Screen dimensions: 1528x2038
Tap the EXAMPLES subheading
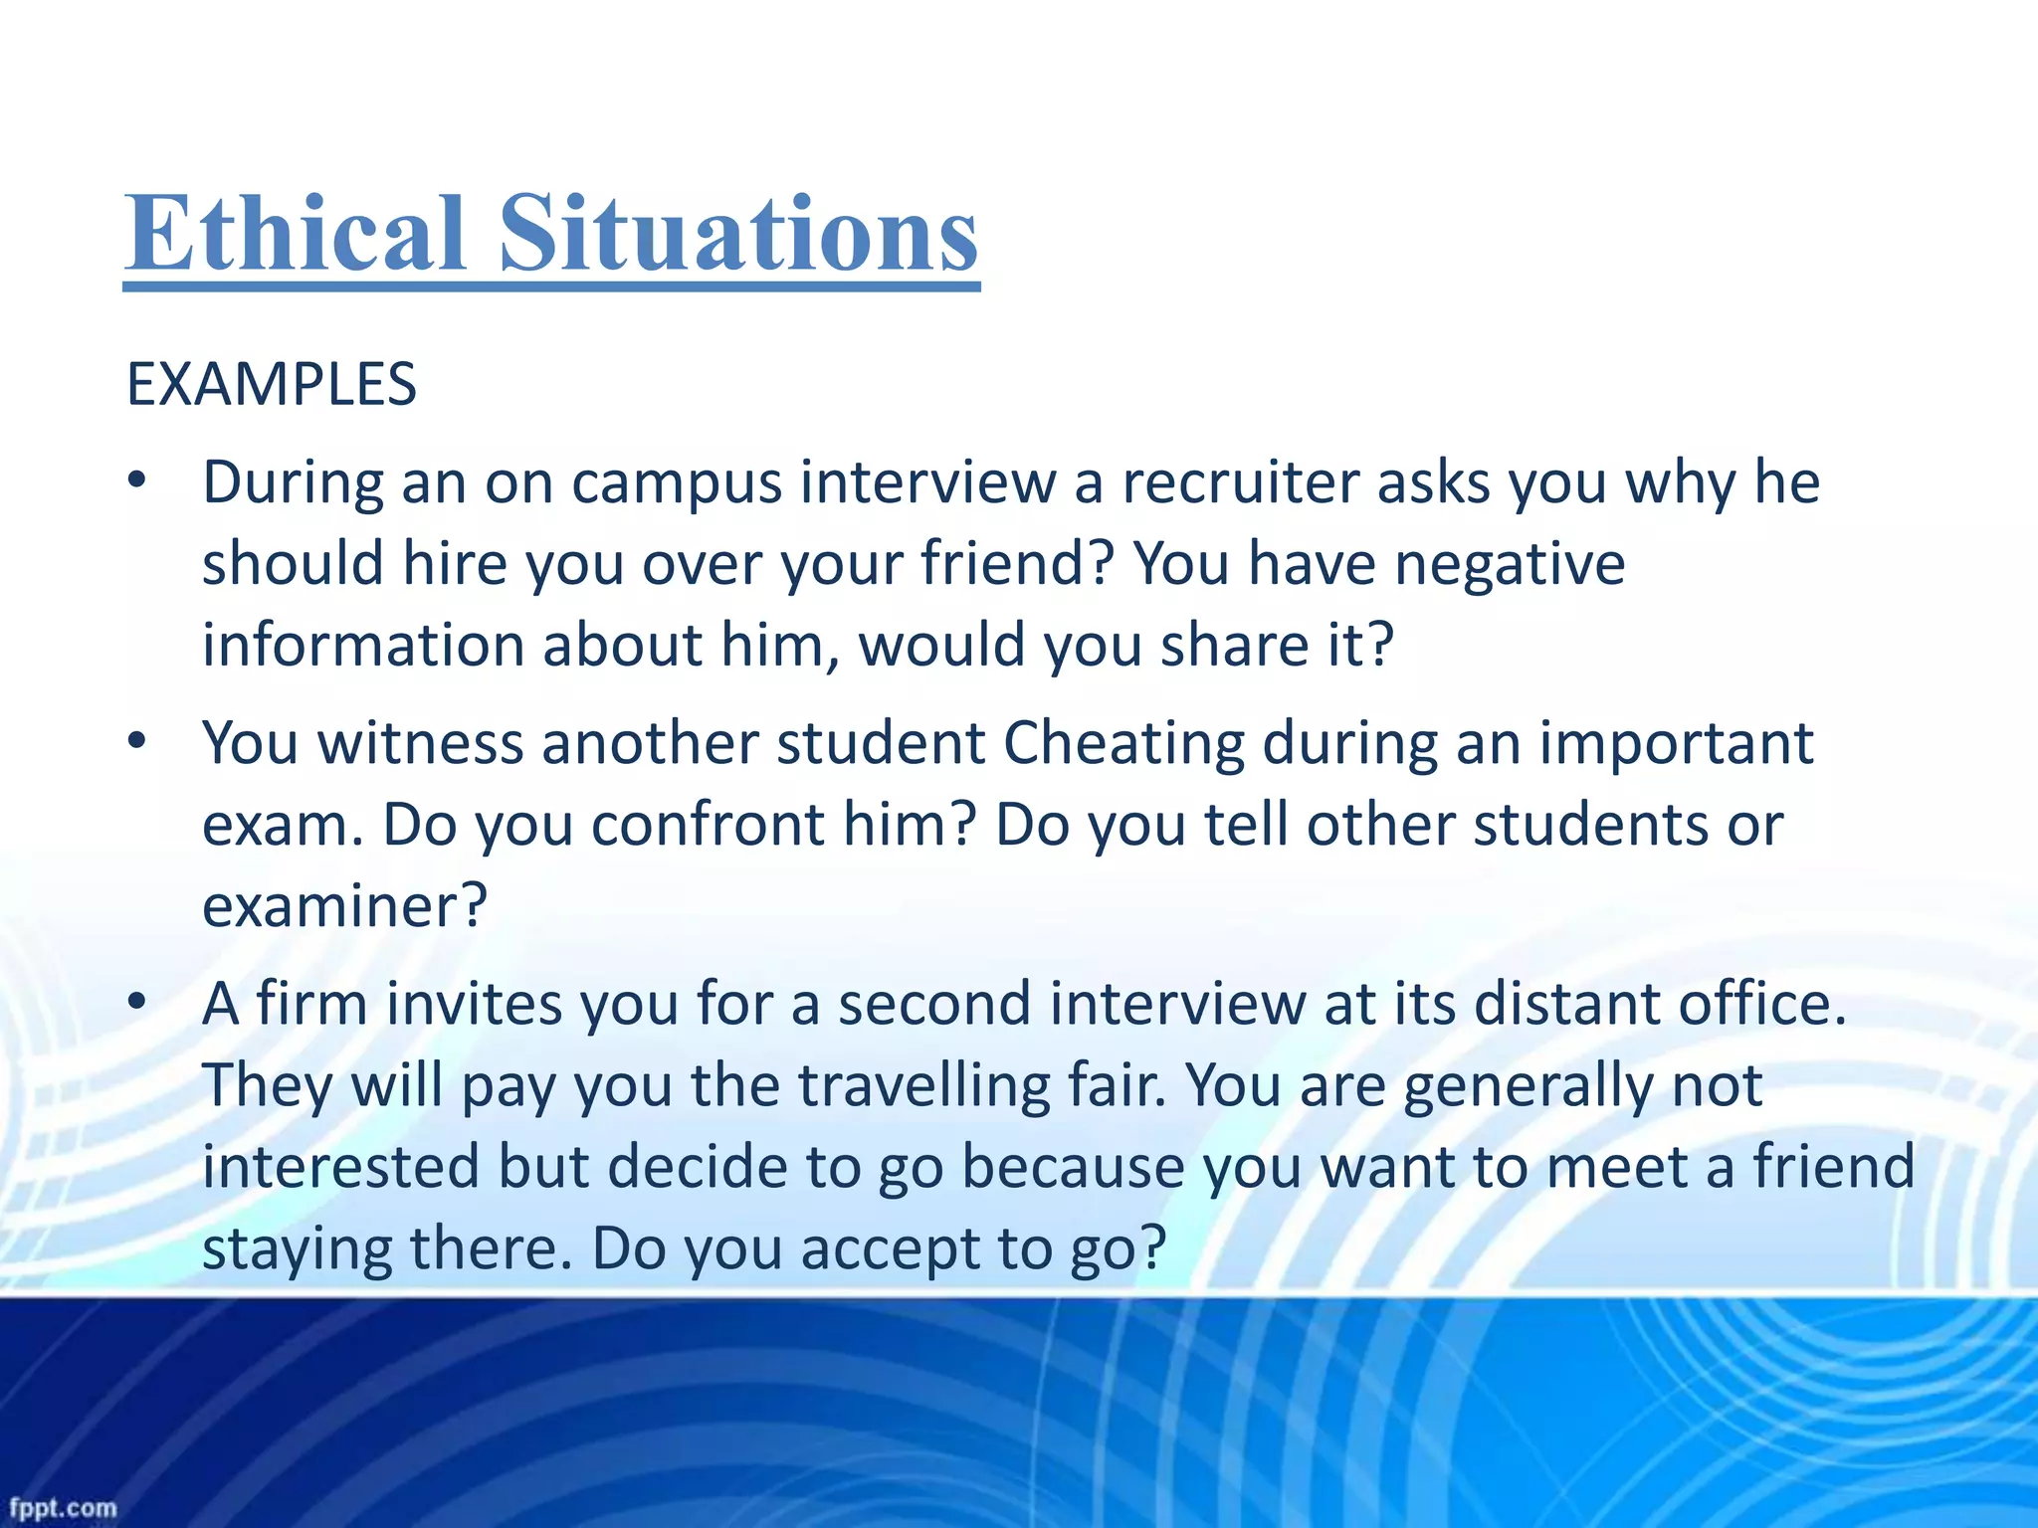(271, 385)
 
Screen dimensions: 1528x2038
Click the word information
(362, 645)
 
